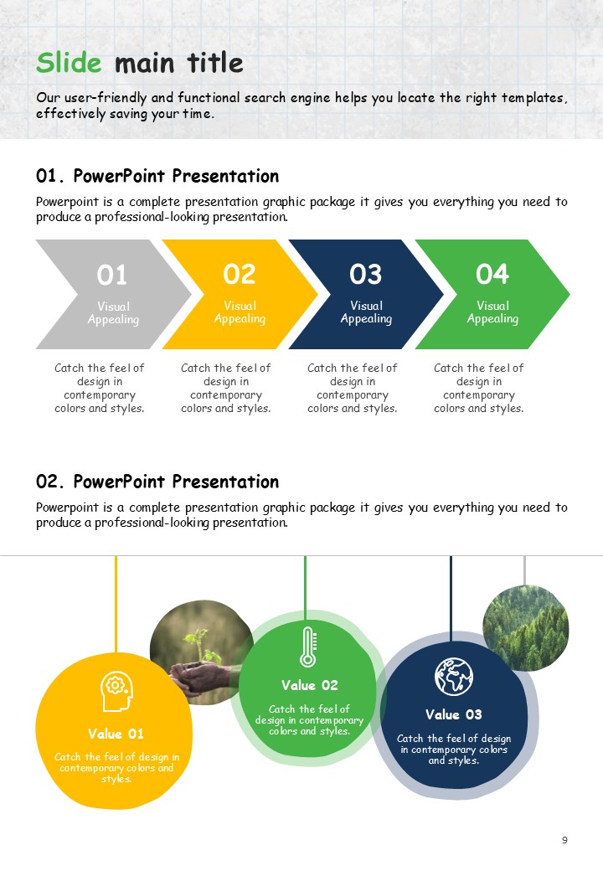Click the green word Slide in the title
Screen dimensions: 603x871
69,62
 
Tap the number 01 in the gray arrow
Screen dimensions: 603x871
111,275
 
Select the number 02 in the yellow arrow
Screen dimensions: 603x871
240,275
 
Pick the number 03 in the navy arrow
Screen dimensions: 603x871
365,275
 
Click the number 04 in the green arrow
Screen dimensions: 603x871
492,275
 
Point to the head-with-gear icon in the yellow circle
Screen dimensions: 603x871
116,692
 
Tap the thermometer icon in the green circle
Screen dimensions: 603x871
308,647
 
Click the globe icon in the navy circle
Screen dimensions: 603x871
454,677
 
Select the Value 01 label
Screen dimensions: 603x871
116,734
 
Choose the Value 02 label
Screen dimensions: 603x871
309,685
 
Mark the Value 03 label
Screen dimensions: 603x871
454,714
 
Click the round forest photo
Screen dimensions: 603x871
525,627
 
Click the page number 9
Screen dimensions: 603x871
564,840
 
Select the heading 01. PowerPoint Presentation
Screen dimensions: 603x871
157,176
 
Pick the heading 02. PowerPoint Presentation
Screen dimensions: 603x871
157,482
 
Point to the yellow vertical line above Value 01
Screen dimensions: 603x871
116,605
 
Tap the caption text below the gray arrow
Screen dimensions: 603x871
100,388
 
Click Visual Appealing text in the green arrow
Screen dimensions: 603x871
492,312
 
